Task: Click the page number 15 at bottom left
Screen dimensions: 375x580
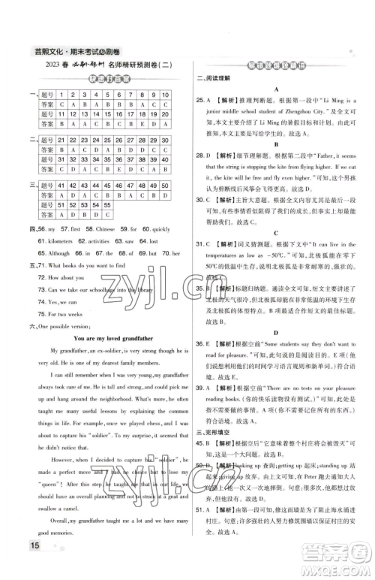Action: click(16, 566)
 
